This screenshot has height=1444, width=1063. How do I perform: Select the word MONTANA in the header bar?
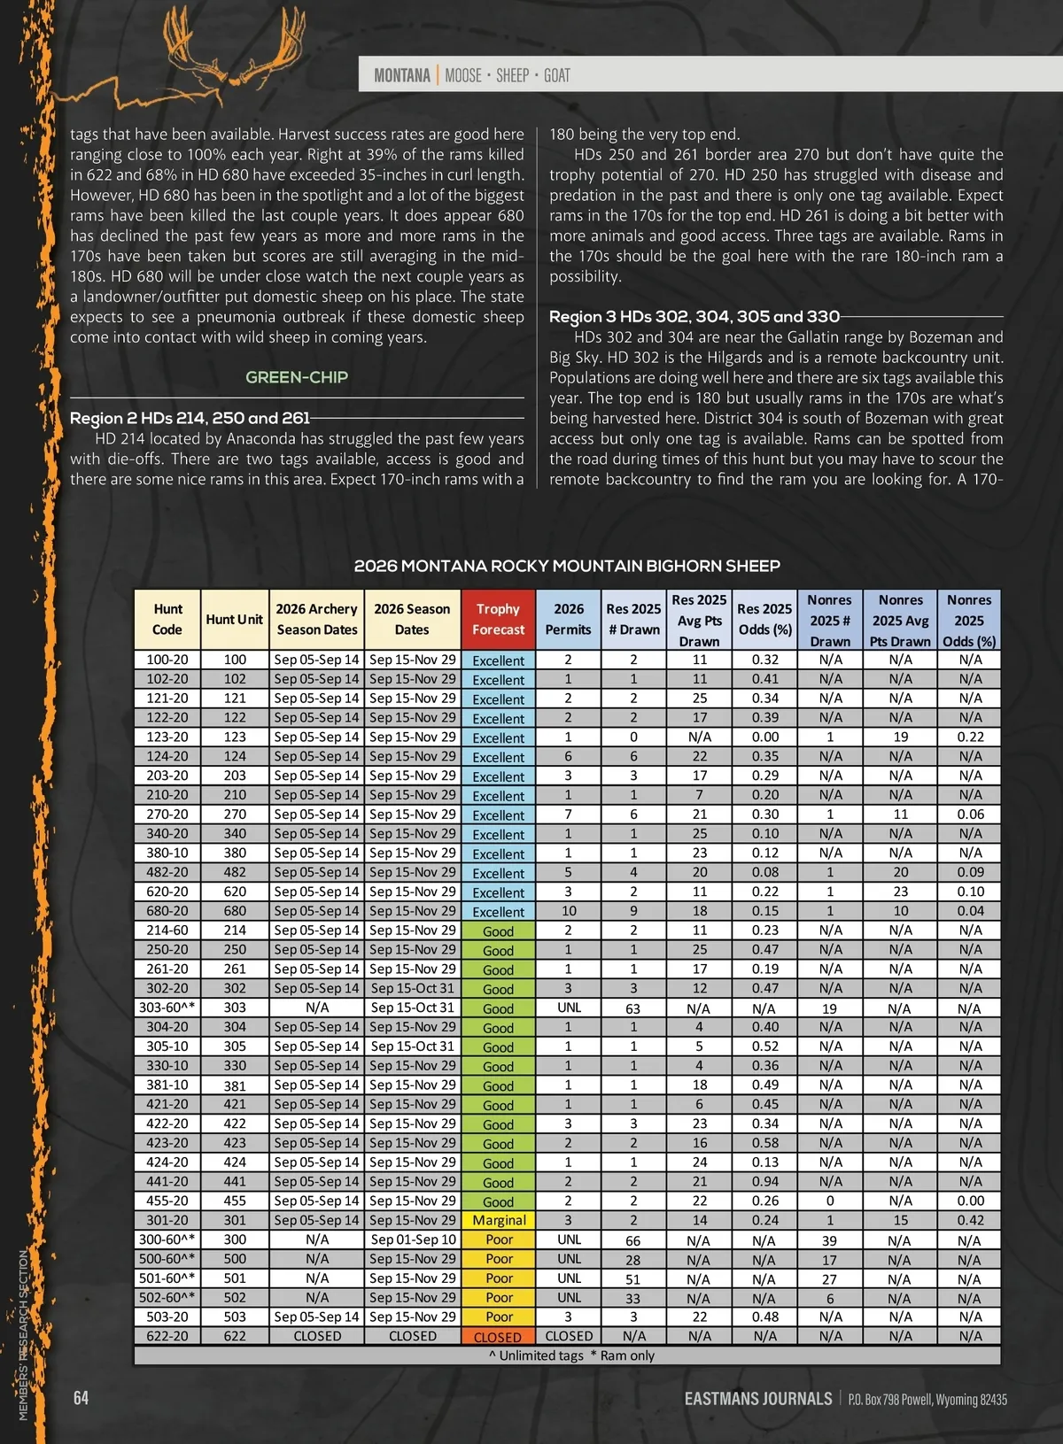click(x=401, y=75)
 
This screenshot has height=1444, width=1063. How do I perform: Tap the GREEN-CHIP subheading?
click(x=297, y=377)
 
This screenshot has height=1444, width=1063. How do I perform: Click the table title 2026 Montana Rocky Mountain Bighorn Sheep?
click(x=567, y=566)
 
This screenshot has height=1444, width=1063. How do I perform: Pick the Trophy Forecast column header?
click(x=498, y=619)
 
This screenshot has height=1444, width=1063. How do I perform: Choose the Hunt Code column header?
click(x=167, y=619)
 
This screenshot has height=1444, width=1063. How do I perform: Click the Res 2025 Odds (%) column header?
click(x=764, y=619)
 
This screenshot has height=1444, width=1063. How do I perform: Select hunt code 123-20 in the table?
click(x=167, y=737)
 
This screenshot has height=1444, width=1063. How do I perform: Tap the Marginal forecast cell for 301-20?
click(x=499, y=1220)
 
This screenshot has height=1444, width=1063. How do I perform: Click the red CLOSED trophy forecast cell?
click(x=498, y=1337)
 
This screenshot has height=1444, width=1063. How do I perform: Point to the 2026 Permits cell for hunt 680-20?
click(x=569, y=911)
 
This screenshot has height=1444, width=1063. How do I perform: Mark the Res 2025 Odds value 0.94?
click(x=765, y=1181)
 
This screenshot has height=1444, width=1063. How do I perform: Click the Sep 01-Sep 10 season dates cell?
click(x=413, y=1239)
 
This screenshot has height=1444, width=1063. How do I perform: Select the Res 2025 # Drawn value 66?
click(x=633, y=1240)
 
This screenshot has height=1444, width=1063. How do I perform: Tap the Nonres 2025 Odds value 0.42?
click(x=970, y=1220)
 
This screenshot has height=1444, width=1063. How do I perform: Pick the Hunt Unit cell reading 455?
click(x=235, y=1201)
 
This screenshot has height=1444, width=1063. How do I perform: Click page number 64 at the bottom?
click(x=81, y=1398)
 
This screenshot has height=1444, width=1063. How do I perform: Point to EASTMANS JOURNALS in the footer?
click(x=758, y=1399)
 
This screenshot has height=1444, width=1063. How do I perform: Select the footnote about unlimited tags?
click(x=571, y=1355)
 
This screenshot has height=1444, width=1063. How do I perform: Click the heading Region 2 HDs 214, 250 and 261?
click(x=190, y=418)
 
